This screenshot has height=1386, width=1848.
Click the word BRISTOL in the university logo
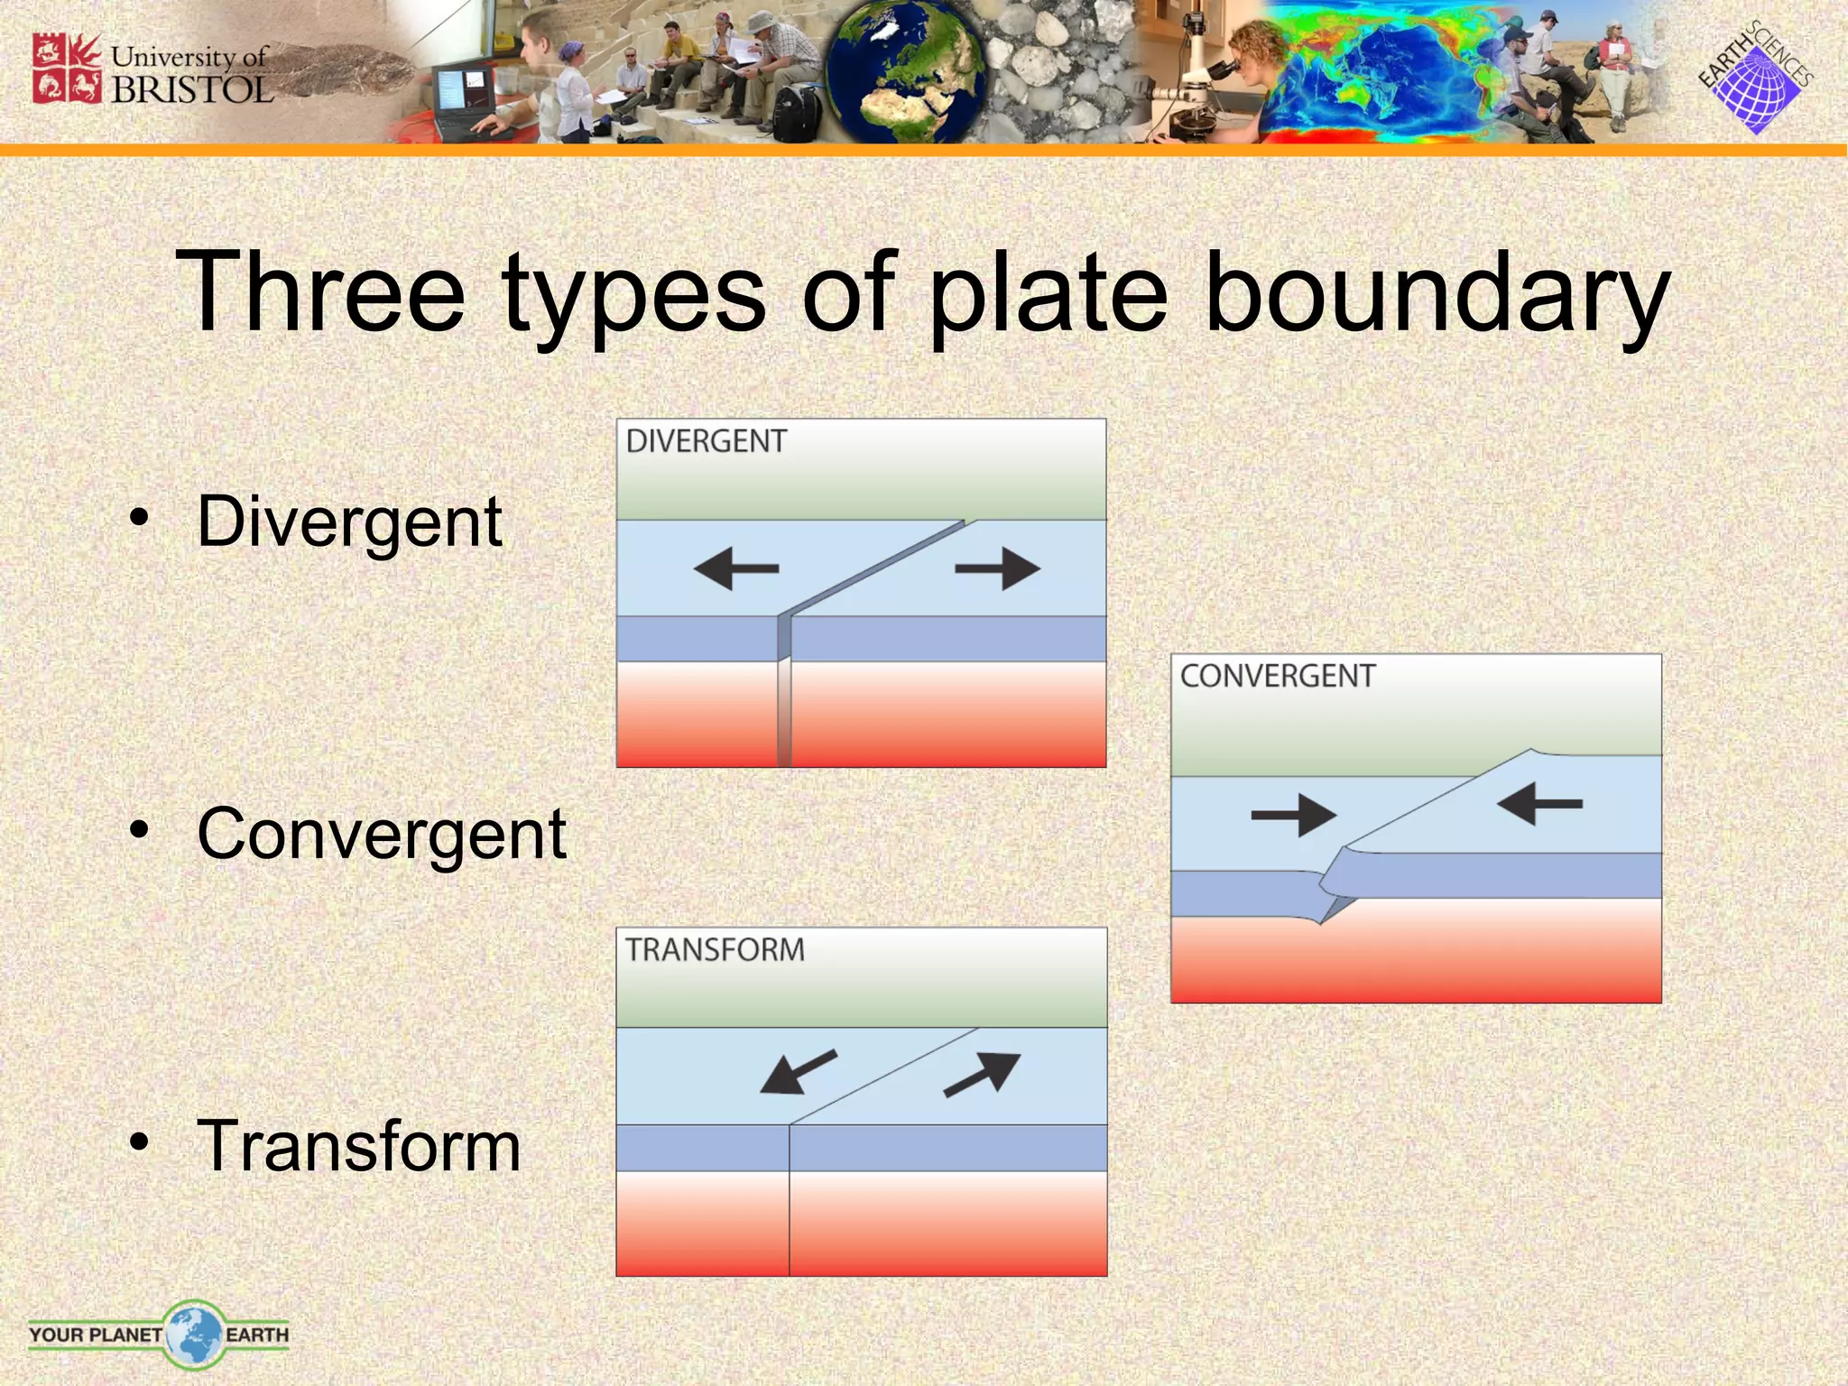(x=191, y=90)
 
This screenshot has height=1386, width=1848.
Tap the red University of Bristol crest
(x=67, y=69)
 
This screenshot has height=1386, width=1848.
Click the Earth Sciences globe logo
(x=1756, y=88)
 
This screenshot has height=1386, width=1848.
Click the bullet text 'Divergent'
(x=349, y=522)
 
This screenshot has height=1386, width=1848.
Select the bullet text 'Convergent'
(x=381, y=834)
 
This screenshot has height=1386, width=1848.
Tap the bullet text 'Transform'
(x=358, y=1146)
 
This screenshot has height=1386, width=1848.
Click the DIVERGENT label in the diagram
(x=707, y=441)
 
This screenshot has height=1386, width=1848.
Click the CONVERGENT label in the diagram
(x=1277, y=676)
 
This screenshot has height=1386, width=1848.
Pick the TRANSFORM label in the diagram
(x=715, y=950)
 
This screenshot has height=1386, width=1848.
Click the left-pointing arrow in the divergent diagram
(x=735, y=568)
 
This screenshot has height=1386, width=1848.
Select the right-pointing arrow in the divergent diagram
(x=997, y=568)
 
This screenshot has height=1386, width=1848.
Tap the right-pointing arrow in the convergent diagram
(x=1293, y=815)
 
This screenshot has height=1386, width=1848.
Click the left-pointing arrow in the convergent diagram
(x=1539, y=803)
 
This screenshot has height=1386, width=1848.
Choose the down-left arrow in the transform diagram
(x=798, y=1072)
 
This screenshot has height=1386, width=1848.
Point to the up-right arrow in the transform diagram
(x=983, y=1074)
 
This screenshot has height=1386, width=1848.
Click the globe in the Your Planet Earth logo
(x=194, y=1334)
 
